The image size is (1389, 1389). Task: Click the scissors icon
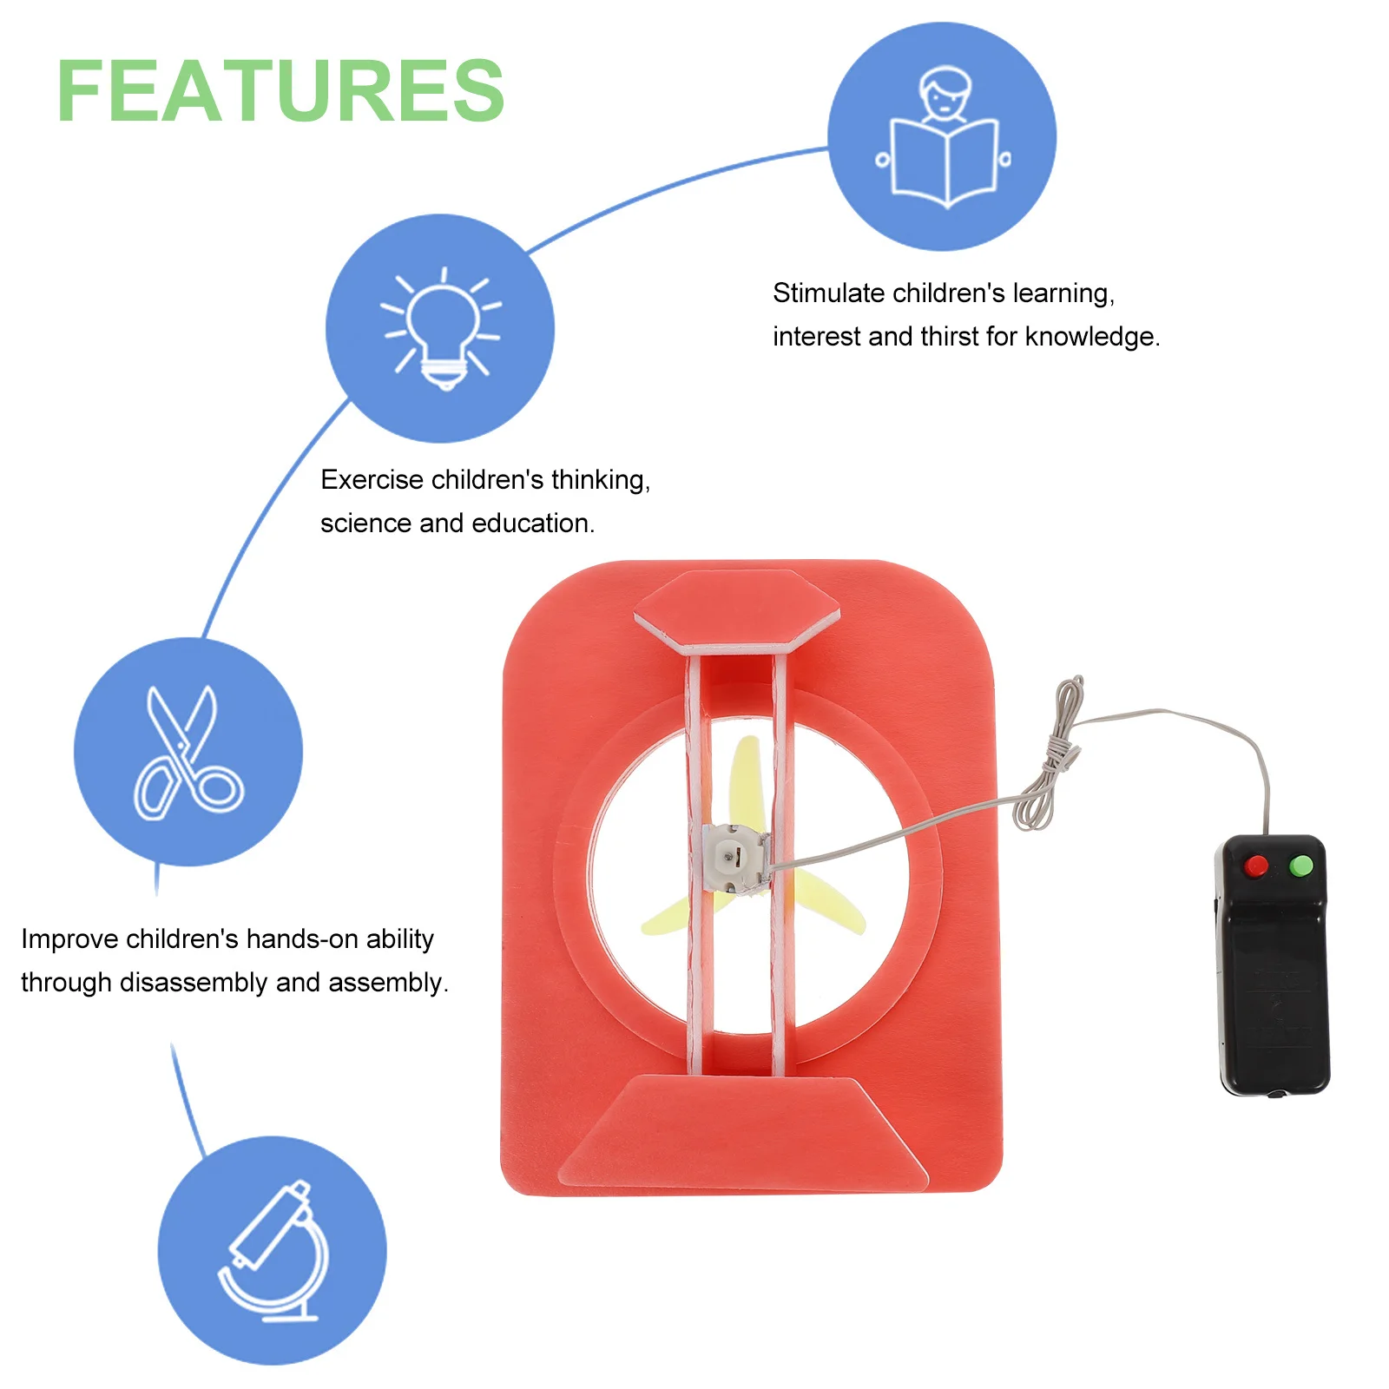coord(188,752)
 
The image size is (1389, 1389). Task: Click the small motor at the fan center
coord(734,858)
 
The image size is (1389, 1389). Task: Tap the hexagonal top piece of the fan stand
coord(737,608)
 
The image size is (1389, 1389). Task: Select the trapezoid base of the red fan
coord(743,1132)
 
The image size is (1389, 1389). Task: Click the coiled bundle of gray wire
coord(1050,755)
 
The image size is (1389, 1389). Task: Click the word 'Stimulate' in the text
coord(829,293)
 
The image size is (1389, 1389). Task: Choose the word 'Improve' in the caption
coord(69,939)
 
